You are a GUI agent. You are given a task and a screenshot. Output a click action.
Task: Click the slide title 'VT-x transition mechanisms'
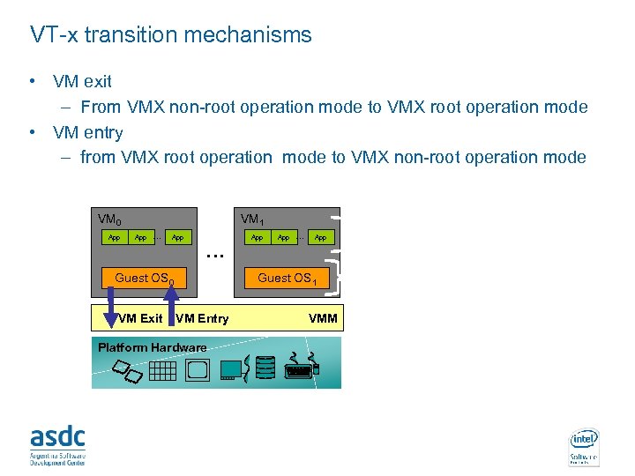[x=171, y=35]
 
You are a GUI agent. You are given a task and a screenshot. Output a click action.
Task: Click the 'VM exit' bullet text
[x=82, y=81]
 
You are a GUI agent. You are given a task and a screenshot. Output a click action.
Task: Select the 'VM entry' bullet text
[x=87, y=132]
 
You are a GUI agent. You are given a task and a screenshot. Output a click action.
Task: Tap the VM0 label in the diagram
[x=110, y=219]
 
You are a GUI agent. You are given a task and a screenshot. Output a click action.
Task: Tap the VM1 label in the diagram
[x=251, y=219]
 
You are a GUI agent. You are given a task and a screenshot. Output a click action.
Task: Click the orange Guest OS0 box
[x=145, y=278]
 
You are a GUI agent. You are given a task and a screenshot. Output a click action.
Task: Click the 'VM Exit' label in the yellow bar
[x=141, y=318]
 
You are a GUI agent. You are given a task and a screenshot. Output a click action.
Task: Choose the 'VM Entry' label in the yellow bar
[x=203, y=318]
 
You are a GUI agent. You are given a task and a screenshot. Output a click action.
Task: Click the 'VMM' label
[x=322, y=318]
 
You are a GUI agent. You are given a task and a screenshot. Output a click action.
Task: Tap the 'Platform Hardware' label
[x=152, y=347]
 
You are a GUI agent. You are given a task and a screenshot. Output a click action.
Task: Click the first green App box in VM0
[x=114, y=237]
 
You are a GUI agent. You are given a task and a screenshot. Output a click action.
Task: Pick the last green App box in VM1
[x=321, y=237]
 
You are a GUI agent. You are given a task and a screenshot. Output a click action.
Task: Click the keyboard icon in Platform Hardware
[x=299, y=371]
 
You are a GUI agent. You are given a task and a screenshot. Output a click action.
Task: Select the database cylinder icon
[x=265, y=368]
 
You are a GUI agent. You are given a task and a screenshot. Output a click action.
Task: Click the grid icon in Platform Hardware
[x=162, y=370]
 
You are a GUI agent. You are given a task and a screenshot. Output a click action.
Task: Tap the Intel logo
[x=584, y=446]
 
